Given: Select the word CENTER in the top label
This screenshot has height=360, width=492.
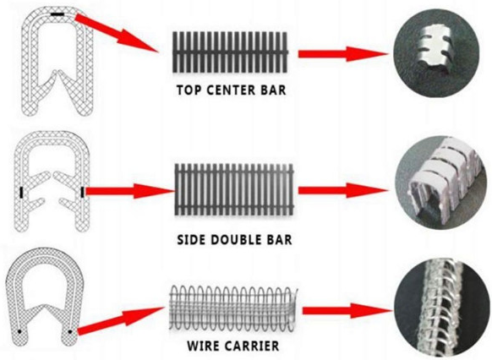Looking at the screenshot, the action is point(231,90).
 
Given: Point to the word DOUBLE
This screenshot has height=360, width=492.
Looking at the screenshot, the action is point(233,240).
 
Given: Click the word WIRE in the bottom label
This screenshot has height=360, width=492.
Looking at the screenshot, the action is point(203,346).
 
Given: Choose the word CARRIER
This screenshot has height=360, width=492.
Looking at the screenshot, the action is point(252,346).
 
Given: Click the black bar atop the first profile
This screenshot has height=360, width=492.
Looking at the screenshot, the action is point(57,14).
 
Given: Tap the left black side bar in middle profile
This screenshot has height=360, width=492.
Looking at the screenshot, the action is point(22,192).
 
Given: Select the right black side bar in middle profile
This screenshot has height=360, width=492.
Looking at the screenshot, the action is point(82,192).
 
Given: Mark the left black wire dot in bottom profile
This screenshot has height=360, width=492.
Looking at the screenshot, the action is point(19,331).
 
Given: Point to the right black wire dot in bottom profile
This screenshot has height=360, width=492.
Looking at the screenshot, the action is point(70,331).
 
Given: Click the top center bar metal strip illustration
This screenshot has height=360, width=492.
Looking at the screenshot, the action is point(230,52).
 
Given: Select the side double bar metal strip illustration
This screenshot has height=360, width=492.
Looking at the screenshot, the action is point(234,190).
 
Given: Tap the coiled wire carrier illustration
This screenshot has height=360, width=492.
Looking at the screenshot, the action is point(233,308).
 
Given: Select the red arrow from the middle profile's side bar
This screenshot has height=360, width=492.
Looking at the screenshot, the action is point(129,191).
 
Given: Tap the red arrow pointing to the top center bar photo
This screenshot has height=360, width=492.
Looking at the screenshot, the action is point(343,54).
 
